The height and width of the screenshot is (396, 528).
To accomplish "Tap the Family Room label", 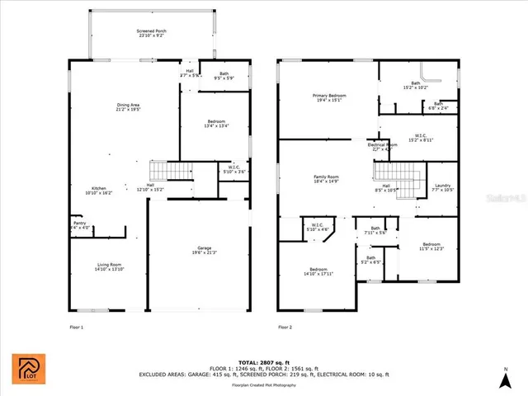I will [327, 179].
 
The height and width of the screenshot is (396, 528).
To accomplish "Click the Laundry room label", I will [443, 187].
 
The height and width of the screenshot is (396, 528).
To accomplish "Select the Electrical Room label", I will [382, 147].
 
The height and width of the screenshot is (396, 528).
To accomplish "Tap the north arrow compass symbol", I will [506, 379].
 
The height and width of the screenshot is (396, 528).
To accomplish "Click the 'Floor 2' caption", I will [285, 328].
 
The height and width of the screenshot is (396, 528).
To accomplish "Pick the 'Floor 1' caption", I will [76, 328].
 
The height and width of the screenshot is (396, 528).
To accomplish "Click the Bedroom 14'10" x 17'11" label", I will [318, 272].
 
